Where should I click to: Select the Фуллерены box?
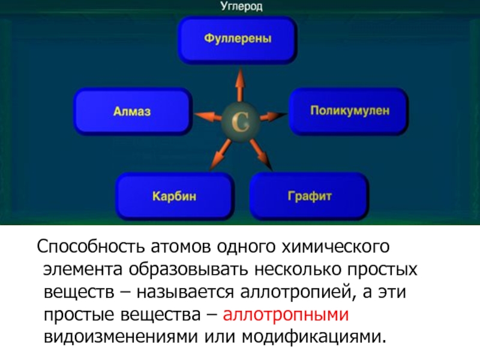(x=238, y=40)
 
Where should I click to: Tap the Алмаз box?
(x=132, y=111)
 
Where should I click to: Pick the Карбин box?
(x=175, y=196)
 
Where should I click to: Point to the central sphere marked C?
(x=240, y=121)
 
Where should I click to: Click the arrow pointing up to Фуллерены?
(x=239, y=85)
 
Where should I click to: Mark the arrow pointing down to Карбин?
(x=221, y=152)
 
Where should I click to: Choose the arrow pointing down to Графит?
(x=259, y=152)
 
